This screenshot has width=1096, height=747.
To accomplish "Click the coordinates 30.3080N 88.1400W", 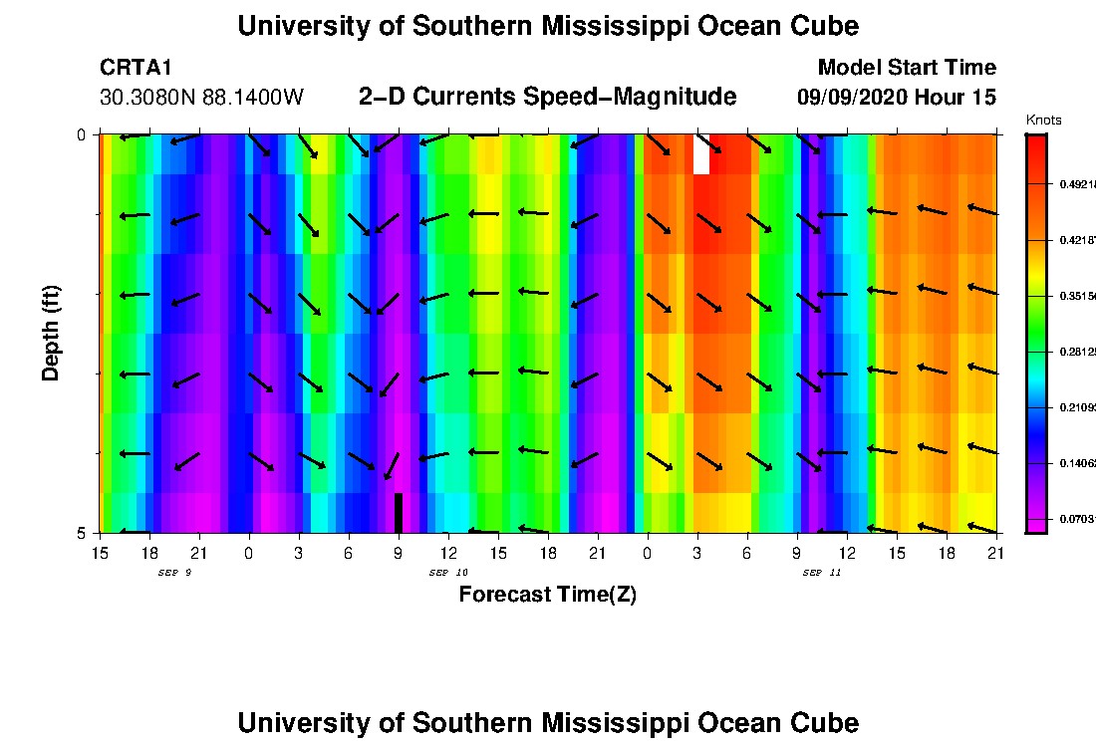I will pyautogui.click(x=201, y=98).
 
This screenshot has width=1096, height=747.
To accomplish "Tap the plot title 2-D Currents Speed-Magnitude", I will pyautogui.click(x=547, y=97).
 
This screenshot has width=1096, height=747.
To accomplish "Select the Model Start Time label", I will pyautogui.click(x=906, y=68).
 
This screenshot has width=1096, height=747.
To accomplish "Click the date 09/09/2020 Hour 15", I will pyautogui.click(x=896, y=98).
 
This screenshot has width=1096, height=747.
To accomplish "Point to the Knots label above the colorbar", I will pyautogui.click(x=1043, y=121).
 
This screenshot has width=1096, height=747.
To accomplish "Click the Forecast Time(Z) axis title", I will pyautogui.click(x=547, y=595).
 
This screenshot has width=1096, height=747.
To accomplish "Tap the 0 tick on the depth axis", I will pyautogui.click(x=82, y=134).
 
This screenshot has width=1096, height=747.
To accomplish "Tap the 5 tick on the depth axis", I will pyautogui.click(x=82, y=533).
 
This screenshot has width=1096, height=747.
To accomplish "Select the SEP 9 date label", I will pyautogui.click(x=174, y=573).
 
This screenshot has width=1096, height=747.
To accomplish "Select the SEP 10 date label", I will pyautogui.click(x=448, y=573).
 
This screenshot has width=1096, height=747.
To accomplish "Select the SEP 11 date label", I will pyautogui.click(x=822, y=573).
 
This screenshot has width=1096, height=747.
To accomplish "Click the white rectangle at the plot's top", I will pyautogui.click(x=701, y=154).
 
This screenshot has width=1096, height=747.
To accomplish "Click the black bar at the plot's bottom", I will pyautogui.click(x=399, y=513).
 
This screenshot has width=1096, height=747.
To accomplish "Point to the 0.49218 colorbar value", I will pyautogui.click(x=1076, y=183).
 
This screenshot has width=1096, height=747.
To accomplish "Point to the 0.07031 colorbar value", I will pyautogui.click(x=1076, y=519).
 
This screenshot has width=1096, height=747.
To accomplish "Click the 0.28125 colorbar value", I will pyautogui.click(x=1076, y=352).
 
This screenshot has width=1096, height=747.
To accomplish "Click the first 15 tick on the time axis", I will pyautogui.click(x=100, y=552).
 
